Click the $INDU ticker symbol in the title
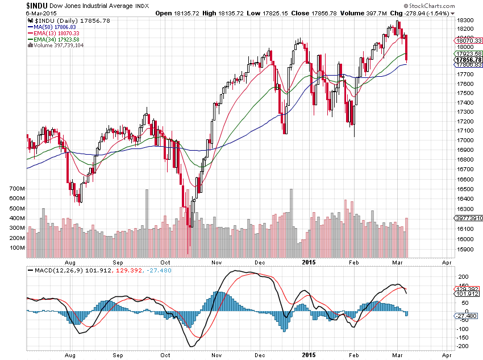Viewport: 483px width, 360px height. pyautogui.click(x=37, y=5)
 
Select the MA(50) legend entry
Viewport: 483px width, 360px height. pyautogui.click(x=55, y=27)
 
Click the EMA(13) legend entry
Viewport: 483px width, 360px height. pyautogui.click(x=56, y=34)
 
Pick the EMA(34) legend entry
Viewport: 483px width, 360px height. pyautogui.click(x=56, y=40)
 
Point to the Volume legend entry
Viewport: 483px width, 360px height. pyautogui.click(x=56, y=46)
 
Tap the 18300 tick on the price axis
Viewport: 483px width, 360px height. pyautogui.click(x=466, y=20)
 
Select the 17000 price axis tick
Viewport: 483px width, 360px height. pyautogui.click(x=466, y=140)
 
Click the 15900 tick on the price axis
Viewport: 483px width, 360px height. pyautogui.click(x=466, y=250)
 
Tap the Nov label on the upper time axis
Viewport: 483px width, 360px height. pyautogui.click(x=216, y=263)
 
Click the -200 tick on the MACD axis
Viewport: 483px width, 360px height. pyautogui.click(x=464, y=346)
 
